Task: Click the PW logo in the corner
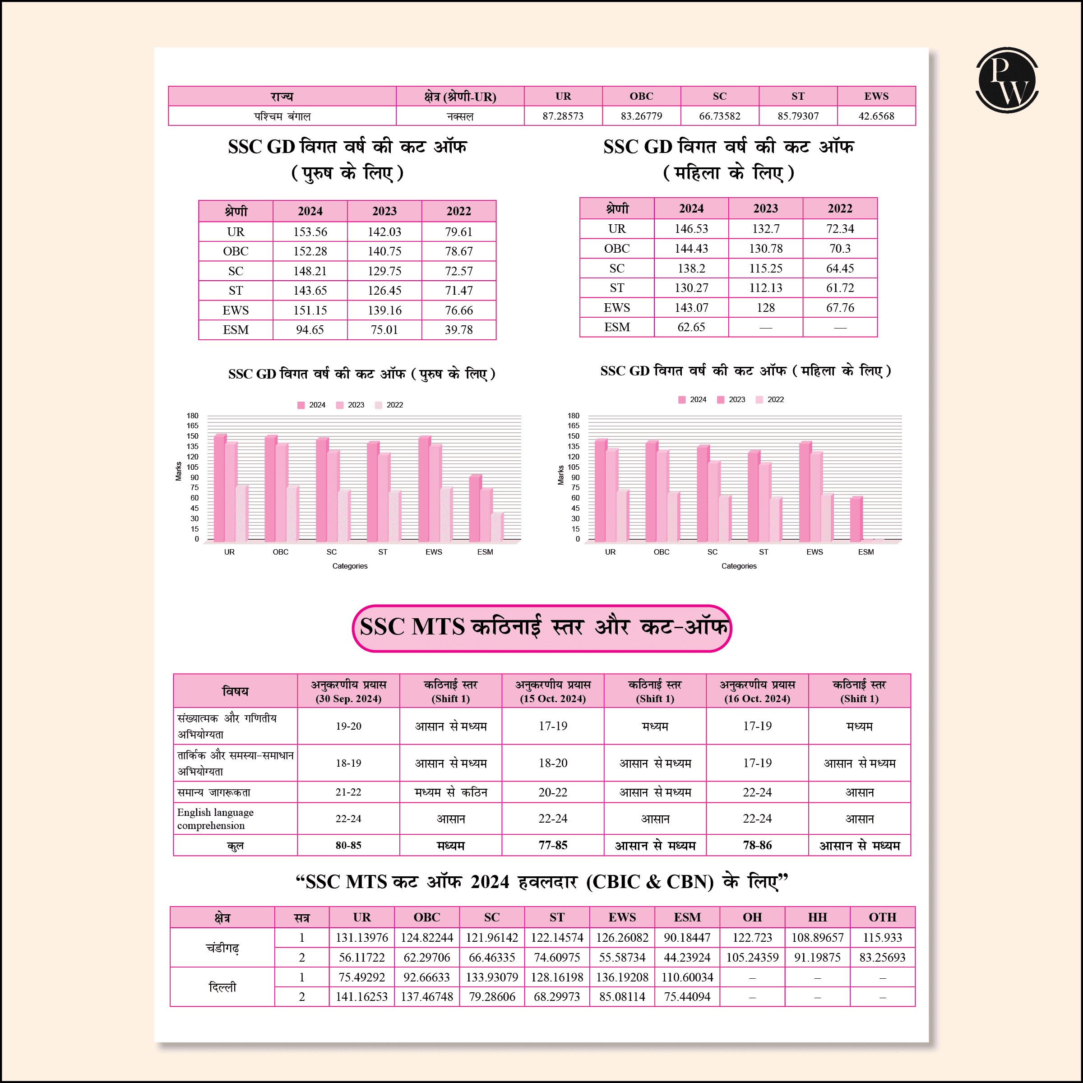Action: pos(1007,80)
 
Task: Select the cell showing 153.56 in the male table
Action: pos(310,231)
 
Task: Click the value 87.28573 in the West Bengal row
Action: pos(563,116)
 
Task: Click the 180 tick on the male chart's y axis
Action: pos(192,416)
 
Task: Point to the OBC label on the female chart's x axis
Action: pos(661,552)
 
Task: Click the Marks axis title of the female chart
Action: pos(560,475)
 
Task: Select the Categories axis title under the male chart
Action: pos(350,566)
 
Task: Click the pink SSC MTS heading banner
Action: pos(541,628)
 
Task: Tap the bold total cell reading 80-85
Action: pos(348,845)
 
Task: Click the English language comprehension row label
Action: pos(215,819)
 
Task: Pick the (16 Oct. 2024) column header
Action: pos(757,691)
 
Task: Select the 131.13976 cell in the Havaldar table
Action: pos(361,937)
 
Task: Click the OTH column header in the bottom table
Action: pos(882,917)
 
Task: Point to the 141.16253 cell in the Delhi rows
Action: pos(361,997)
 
